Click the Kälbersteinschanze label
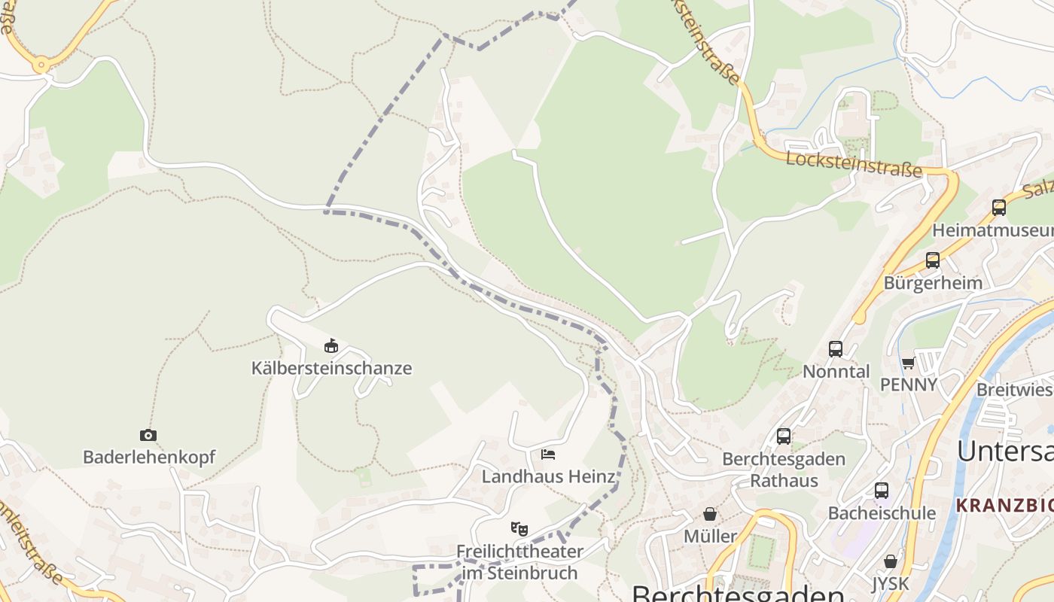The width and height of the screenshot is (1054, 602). coord(331,368)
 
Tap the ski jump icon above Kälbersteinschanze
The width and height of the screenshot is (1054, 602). coord(331,346)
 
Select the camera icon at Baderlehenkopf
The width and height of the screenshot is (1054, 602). coord(148,435)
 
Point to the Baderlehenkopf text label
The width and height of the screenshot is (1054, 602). coord(149,457)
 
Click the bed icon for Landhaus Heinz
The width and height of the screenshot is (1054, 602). coord(548,455)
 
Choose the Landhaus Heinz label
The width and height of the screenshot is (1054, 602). coord(548,476)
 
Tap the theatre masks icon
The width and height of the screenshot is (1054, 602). coord(519,529)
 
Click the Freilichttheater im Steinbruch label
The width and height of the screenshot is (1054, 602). coord(519,562)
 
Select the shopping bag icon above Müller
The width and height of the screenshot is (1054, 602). coord(710,514)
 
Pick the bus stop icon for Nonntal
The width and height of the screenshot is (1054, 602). coord(836,349)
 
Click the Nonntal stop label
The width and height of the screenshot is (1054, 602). coord(836,371)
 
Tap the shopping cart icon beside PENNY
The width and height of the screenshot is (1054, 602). coord(909,363)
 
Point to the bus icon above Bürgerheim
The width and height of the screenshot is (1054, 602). coord(933,260)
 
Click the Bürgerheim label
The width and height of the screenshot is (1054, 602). coord(933,283)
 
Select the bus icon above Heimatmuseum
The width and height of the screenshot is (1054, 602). coord(999,208)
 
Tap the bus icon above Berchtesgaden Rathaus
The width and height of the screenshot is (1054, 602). coord(784,436)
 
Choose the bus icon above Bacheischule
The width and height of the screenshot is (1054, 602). coord(882,491)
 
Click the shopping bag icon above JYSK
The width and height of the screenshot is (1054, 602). coord(891,561)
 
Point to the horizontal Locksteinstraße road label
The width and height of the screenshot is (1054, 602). coord(854,163)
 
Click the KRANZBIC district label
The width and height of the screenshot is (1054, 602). coord(1004,506)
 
